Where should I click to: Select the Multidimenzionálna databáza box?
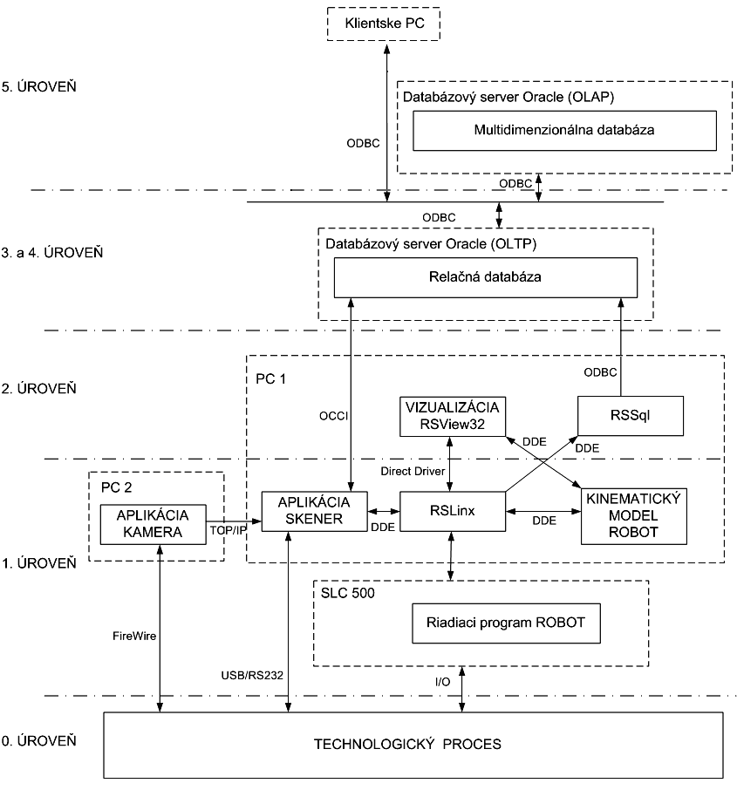click(564, 130)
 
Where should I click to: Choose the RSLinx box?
click(454, 510)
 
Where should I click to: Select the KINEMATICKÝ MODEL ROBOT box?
click(636, 516)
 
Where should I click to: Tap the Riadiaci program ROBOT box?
click(506, 623)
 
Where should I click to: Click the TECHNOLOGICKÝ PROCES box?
click(413, 745)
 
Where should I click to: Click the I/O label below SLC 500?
click(443, 681)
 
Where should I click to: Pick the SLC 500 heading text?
click(346, 589)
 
